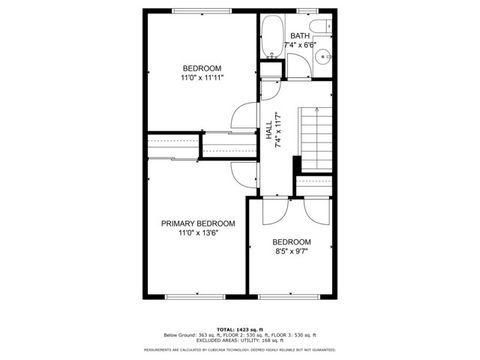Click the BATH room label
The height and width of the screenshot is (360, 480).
point(300,35)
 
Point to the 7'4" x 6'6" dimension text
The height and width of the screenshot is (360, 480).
point(300,45)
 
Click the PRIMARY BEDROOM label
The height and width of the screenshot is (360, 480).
point(200,223)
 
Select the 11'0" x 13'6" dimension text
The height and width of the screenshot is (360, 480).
point(200,233)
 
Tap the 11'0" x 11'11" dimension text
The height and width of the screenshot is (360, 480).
point(201,77)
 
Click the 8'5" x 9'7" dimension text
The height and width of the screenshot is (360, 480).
point(292,252)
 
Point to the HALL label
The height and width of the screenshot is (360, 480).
point(270,130)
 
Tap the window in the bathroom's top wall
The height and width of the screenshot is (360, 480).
point(309,11)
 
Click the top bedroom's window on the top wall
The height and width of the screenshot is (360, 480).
point(200,11)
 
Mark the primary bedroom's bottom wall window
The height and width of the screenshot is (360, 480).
point(191,295)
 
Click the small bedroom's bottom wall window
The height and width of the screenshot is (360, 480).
point(294,295)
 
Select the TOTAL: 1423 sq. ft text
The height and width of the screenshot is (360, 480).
point(239,328)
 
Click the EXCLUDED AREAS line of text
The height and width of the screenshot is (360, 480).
point(239,341)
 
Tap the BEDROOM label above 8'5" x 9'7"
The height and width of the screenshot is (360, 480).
point(292,242)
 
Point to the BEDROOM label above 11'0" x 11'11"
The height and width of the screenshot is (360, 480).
point(201,67)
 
